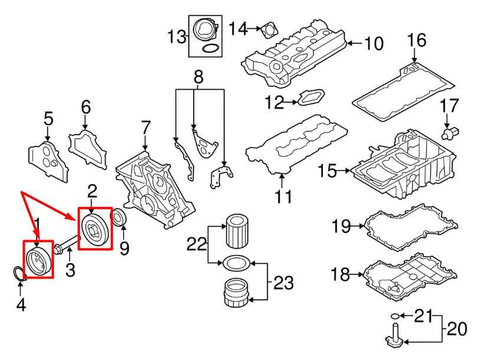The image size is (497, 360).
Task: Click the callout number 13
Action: point(177,37)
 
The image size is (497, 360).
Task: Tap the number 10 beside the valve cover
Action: point(374,44)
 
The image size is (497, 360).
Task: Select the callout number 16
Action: point(417,40)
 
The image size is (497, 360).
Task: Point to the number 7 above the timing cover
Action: point(145,127)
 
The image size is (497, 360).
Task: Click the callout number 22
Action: point(197,244)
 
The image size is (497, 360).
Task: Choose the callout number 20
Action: point(457,329)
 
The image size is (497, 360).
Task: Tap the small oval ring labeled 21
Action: point(395,316)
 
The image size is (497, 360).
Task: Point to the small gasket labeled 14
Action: point(270,31)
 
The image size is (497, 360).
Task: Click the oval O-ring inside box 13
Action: point(211,48)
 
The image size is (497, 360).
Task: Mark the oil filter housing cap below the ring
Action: point(236,292)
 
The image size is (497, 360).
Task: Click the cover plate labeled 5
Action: point(48,162)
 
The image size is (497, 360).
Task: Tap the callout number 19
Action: point(341,226)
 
